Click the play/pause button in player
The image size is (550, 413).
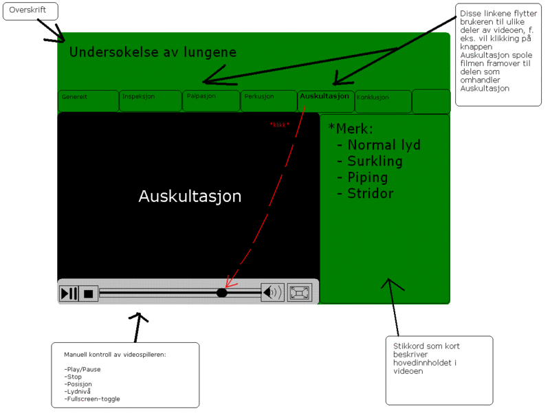[x=69, y=293]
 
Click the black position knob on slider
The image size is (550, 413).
[x=221, y=293]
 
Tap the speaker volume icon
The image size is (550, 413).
[x=272, y=293]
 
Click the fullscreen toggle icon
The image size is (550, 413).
[x=299, y=293]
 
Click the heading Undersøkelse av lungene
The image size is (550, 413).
[x=153, y=52]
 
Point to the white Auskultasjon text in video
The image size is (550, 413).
[x=190, y=196]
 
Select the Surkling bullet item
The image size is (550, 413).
[x=375, y=161]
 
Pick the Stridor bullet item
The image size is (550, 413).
[x=370, y=193]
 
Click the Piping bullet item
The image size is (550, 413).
[x=367, y=177]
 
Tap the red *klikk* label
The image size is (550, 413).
[x=279, y=125]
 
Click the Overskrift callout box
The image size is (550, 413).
[x=28, y=11]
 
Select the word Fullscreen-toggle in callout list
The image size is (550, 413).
[x=92, y=399]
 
